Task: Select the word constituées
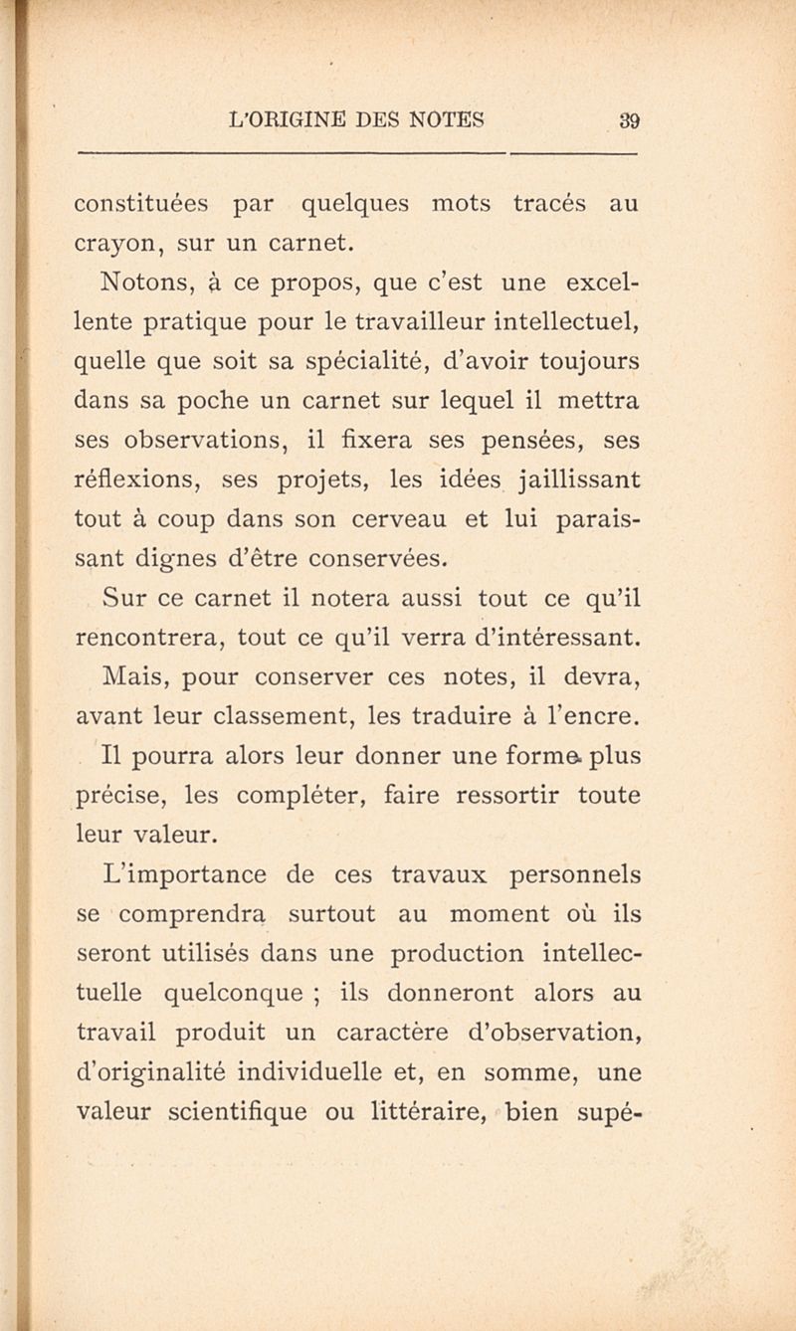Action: pos(142,205)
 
